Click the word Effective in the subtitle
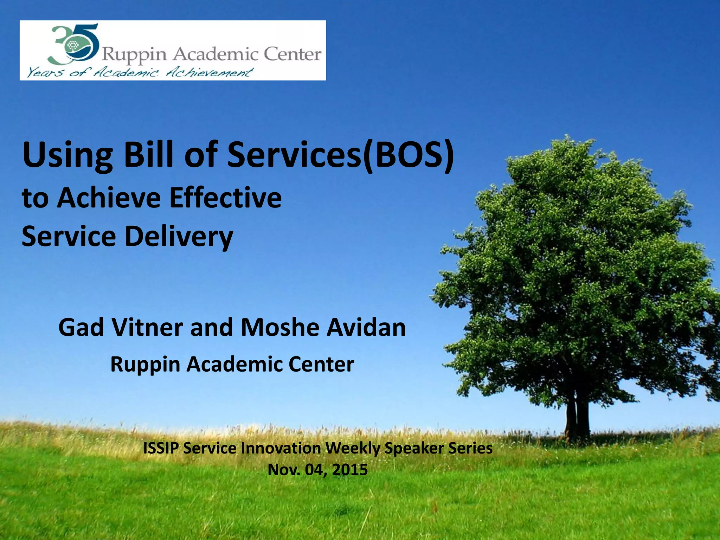coord(225,198)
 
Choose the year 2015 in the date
coord(350,470)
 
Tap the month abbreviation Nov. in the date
coord(284,470)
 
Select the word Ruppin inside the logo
coord(134,54)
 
